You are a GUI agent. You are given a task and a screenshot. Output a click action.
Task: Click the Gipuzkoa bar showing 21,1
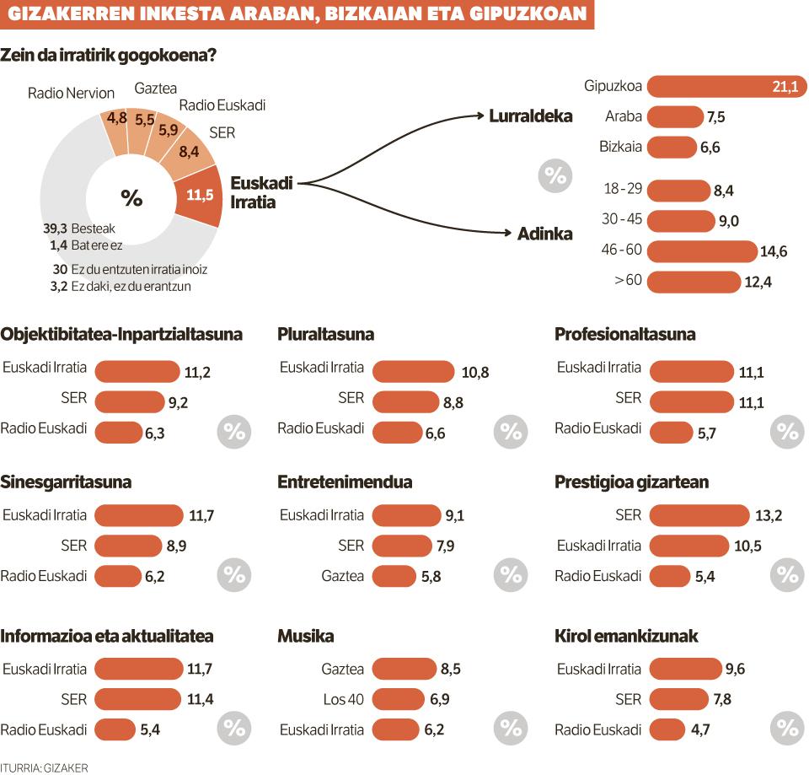click(726, 86)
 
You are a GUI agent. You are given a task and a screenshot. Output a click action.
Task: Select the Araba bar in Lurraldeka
click(675, 116)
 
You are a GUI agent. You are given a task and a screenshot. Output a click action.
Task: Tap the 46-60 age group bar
click(702, 251)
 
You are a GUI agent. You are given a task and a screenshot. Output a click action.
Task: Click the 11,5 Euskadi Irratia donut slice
click(200, 195)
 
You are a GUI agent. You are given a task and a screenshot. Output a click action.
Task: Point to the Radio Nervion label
click(71, 93)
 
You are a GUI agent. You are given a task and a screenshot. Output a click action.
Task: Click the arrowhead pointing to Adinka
click(507, 233)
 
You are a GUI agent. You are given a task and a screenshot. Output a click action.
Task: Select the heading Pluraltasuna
click(325, 335)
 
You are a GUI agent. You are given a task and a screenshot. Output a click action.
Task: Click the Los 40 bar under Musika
click(398, 699)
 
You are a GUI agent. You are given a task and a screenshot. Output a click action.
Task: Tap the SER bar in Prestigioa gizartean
click(699, 515)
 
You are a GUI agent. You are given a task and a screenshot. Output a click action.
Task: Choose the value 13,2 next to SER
click(769, 515)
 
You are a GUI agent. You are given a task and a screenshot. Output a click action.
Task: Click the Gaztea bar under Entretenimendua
click(394, 576)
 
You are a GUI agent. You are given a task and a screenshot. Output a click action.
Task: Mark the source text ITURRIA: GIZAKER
click(45, 767)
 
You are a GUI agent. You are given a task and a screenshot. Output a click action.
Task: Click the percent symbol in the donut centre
click(131, 197)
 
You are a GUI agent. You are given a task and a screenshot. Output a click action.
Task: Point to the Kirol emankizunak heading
click(626, 636)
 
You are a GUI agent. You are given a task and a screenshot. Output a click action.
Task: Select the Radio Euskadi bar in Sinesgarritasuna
click(118, 576)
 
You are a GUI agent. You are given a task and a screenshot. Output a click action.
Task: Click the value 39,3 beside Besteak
click(56, 229)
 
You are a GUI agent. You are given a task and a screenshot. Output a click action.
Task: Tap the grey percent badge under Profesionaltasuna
click(787, 432)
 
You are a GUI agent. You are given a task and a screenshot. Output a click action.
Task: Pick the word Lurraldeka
click(530, 116)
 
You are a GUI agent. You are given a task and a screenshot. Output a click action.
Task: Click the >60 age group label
click(628, 280)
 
